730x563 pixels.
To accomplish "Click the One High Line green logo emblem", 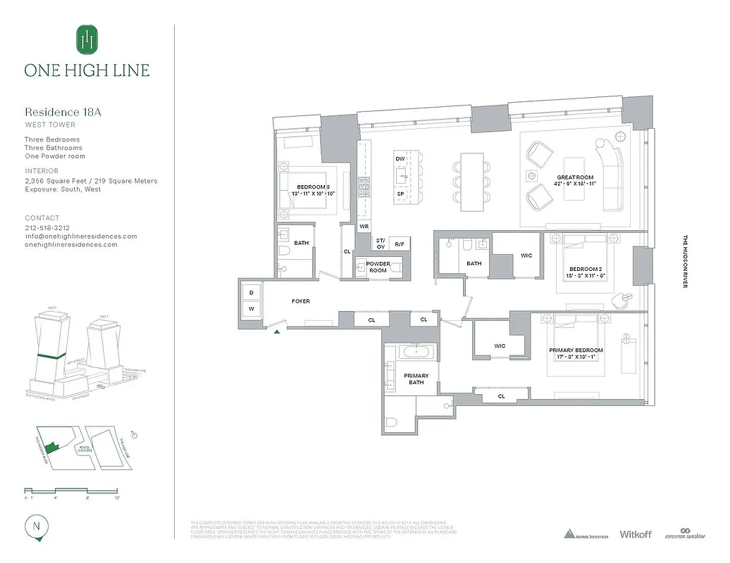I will (87, 39).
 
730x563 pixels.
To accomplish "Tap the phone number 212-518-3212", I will (47, 228).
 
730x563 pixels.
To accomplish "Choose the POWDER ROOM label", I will (378, 267).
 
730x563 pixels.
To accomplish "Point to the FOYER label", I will (301, 301).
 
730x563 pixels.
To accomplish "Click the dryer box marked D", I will (252, 292).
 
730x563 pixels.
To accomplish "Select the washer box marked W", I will (252, 308).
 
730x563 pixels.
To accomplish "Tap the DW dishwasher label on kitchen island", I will (400, 159).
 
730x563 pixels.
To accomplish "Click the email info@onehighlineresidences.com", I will (81, 236).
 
